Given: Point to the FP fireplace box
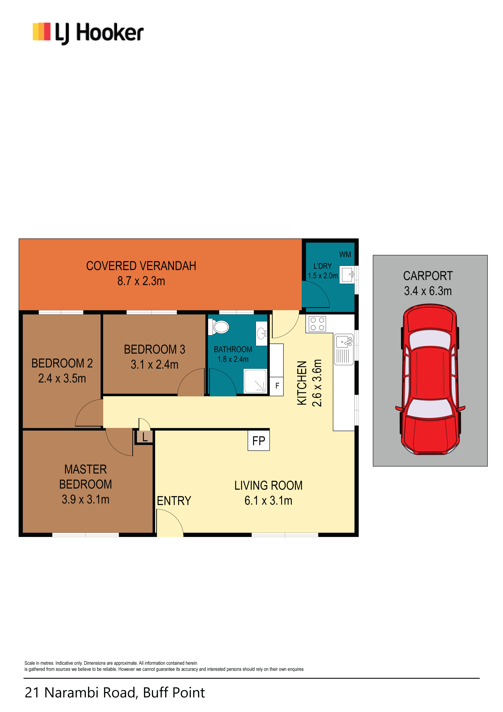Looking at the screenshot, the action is (x=259, y=440).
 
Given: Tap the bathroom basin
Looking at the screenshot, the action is (x=261, y=333).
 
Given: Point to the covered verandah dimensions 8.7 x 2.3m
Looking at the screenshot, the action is (x=141, y=281).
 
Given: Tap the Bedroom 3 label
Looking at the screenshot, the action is (x=154, y=349).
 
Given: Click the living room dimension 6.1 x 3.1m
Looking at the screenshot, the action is (x=268, y=500).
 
